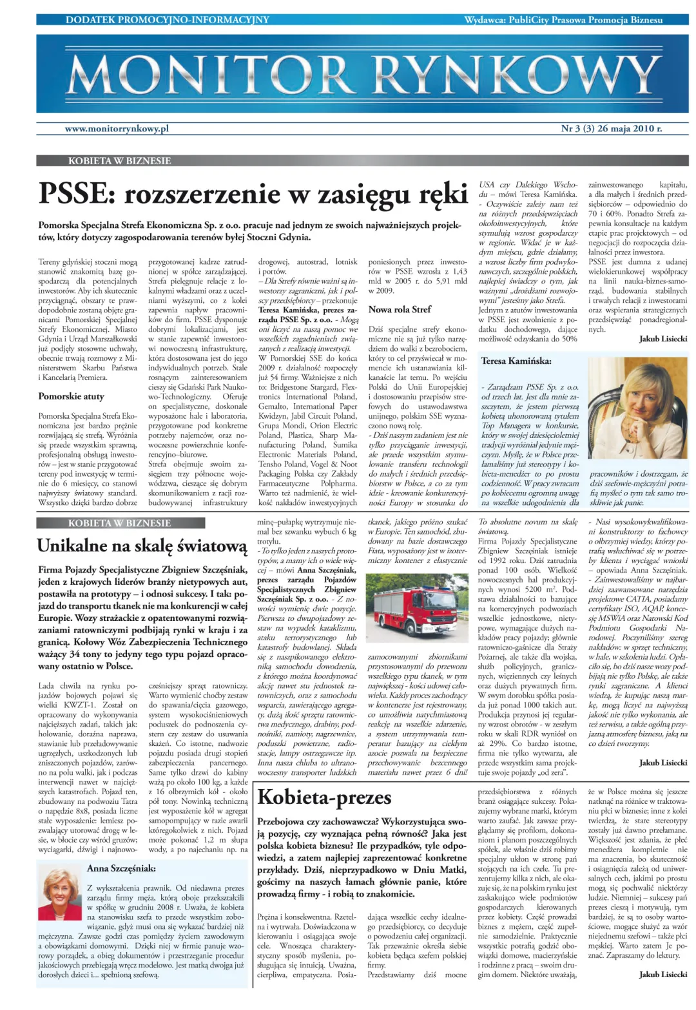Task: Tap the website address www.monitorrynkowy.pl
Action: click(x=117, y=129)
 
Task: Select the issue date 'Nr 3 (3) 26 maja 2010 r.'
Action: click(x=611, y=129)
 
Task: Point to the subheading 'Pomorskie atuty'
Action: click(x=71, y=396)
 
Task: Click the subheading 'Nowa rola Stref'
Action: click(x=400, y=309)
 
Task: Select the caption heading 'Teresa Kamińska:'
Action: click(x=516, y=361)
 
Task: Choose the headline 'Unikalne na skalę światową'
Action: click(x=142, y=546)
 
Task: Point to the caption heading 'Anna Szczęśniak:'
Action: click(x=121, y=868)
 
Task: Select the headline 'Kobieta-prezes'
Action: click(x=324, y=797)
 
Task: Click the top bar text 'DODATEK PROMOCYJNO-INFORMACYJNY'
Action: click(x=168, y=20)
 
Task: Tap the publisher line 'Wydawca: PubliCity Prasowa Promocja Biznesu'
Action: click(x=563, y=20)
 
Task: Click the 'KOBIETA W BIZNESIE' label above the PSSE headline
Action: click(x=120, y=161)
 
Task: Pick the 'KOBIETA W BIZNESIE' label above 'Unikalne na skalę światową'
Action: click(x=120, y=523)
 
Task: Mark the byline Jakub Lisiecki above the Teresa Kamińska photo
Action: click(x=663, y=339)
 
